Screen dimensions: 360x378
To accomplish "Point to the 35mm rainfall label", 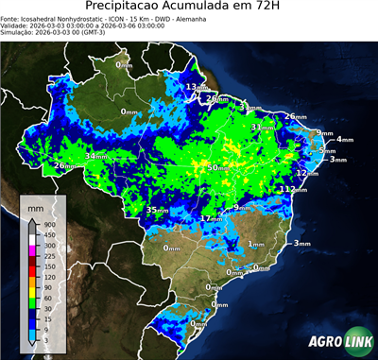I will [157, 209].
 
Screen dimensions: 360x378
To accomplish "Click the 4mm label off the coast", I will [344, 140].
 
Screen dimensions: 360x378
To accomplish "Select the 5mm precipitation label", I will [328, 150].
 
